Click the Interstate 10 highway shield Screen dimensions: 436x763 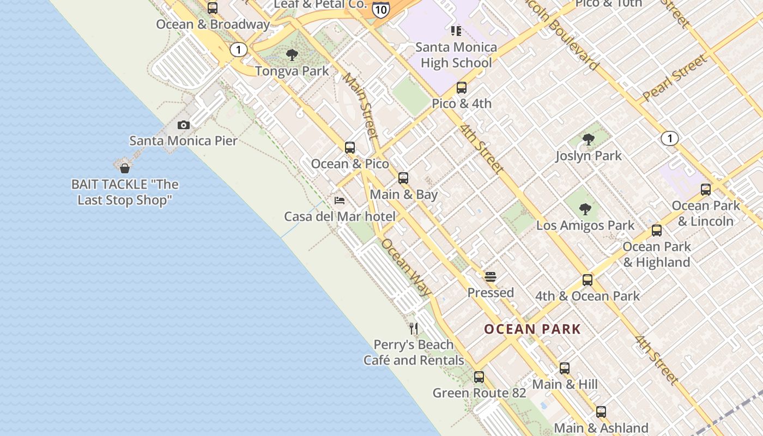381,9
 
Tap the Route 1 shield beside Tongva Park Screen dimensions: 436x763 238,50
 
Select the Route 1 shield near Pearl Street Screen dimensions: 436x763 669,138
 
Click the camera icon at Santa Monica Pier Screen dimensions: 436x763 184,125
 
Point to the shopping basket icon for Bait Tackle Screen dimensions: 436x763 125,168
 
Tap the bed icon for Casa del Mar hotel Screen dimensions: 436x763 340,200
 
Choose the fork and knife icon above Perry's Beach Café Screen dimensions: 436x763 414,328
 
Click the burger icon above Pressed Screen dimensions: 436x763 491,276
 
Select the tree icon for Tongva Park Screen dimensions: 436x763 292,55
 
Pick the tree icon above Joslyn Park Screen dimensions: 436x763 588,140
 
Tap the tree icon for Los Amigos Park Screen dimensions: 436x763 585,209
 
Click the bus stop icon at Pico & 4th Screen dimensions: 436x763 462,87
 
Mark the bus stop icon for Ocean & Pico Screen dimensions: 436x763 350,147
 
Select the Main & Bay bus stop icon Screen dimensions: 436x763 403,178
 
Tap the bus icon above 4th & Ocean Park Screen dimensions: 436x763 587,280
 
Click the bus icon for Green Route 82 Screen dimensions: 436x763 479,377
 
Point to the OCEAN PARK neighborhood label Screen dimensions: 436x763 532,329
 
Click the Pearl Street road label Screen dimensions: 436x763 675,77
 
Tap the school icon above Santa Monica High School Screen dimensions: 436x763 456,31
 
